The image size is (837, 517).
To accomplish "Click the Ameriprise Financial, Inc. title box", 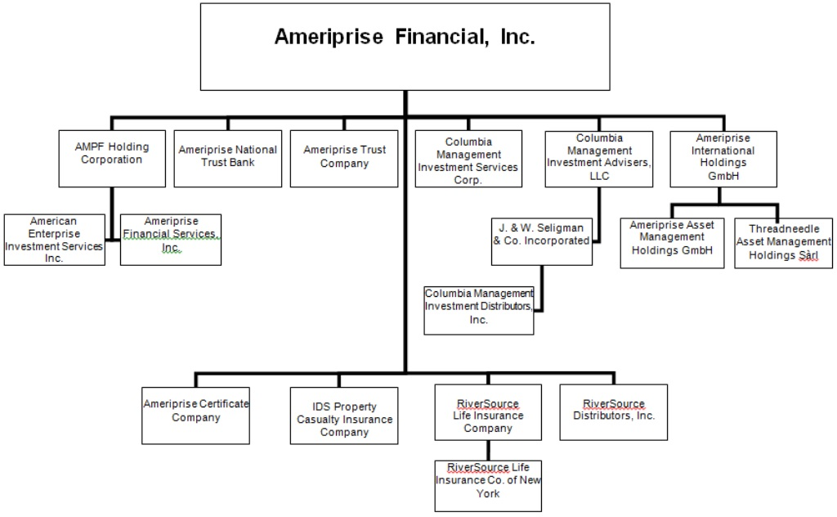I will tap(405, 47).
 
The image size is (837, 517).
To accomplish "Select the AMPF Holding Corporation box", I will tap(112, 158).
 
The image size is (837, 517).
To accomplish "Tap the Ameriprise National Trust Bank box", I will tap(228, 158).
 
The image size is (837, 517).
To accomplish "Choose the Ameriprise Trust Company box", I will tap(344, 158).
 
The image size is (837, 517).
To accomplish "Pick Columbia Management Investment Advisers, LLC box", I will tap(599, 160).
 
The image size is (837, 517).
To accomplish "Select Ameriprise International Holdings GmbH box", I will tap(723, 158).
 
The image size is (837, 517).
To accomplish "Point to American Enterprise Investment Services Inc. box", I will tap(54, 240).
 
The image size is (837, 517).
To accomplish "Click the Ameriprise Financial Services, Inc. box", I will tap(171, 240).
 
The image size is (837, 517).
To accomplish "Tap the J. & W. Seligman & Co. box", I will tap(541, 241).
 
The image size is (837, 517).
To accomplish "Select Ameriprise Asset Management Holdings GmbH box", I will tap(673, 243).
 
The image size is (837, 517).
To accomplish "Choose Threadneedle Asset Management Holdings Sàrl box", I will tap(784, 243).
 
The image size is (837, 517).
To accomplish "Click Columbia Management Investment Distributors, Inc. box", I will tap(479, 310).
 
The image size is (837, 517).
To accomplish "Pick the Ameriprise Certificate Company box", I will tap(196, 415).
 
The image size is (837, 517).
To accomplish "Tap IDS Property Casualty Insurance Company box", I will tap(344, 416).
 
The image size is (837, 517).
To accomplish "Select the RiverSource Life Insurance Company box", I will tap(488, 412).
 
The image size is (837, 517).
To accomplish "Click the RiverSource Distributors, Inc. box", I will tap(613, 412).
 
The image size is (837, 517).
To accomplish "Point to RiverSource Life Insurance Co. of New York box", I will tap(488, 483).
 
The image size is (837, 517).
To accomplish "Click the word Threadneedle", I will tap(784, 229).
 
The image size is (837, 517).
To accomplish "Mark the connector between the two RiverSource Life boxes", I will tap(488, 449).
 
